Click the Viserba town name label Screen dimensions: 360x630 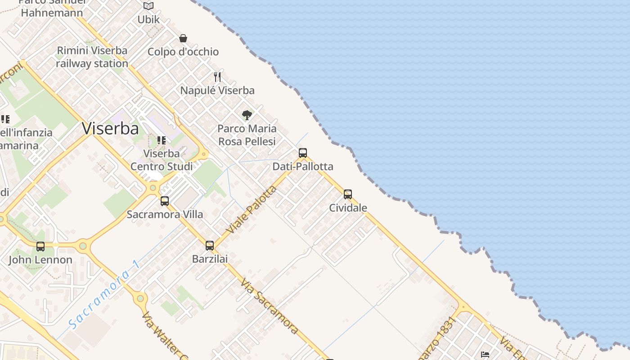point(110,129)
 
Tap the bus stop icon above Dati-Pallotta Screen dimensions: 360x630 point(303,153)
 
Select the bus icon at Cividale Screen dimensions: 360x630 point(348,194)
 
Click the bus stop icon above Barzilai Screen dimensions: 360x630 point(210,245)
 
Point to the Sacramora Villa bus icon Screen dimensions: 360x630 point(165,201)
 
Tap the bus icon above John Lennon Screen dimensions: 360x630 point(40,246)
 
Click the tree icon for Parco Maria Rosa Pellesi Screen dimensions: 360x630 point(247,115)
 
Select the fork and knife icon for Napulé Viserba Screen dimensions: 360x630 point(217,77)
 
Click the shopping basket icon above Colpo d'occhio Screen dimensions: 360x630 point(183,38)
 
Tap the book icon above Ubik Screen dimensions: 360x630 point(148,6)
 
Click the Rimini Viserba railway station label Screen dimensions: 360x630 point(92,57)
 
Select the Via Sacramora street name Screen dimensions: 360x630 point(269,306)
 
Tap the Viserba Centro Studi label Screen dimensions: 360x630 point(162,160)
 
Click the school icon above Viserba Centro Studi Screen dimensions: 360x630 point(162,140)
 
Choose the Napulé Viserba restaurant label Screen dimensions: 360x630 point(217,90)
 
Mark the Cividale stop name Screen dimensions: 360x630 point(348,208)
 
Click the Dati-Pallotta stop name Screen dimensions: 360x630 point(303,166)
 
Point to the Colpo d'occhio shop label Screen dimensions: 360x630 point(183,52)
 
